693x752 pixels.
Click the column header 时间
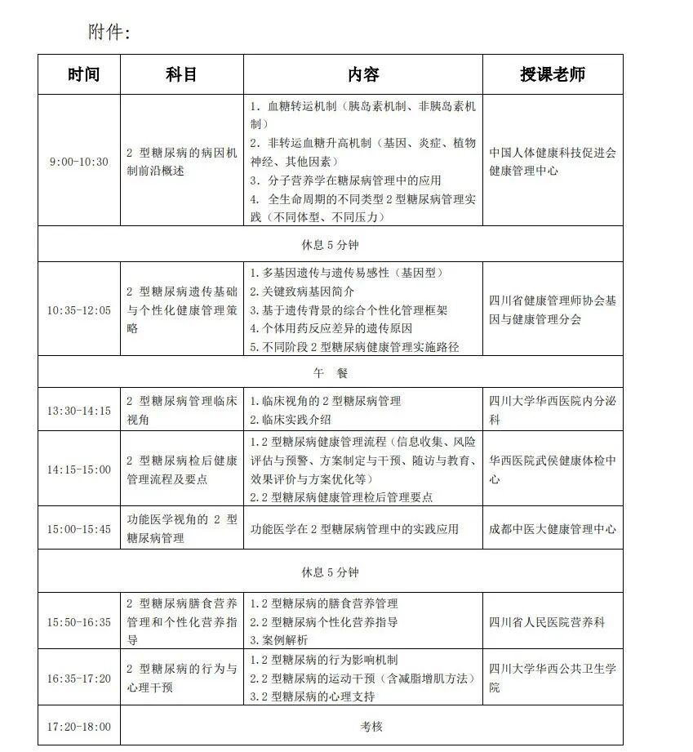83,74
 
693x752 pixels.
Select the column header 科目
181,74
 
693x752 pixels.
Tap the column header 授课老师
552,74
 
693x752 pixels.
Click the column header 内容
363,74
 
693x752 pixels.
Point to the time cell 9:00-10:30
78,162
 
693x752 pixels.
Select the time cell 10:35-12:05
78,310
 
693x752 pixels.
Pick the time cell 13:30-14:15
78,411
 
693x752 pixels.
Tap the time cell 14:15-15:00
78,469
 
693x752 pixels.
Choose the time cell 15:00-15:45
78,529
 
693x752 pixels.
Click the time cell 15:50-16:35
78,622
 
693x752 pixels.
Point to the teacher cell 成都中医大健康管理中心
552,529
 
